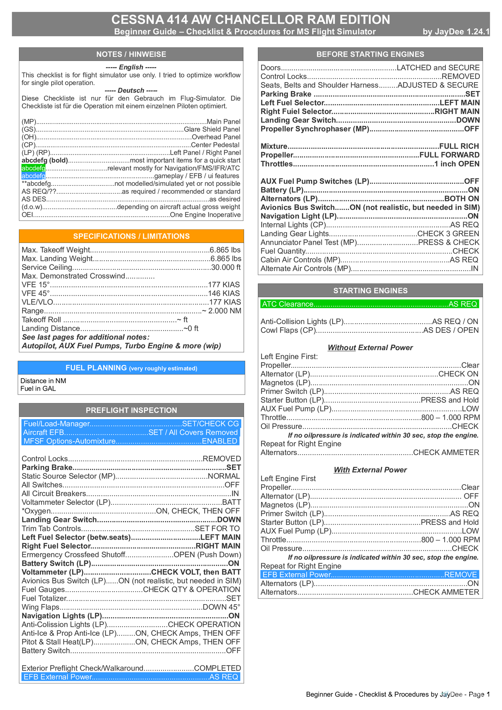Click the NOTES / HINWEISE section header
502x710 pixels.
131,54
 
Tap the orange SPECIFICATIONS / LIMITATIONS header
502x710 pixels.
131,236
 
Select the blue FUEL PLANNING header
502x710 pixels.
131,368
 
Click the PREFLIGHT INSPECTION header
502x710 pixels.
131,410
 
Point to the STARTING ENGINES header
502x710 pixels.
370,291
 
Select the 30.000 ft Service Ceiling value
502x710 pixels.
226,267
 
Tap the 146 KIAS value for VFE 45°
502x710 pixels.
224,293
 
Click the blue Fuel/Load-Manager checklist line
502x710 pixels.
131,424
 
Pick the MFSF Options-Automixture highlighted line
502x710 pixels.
131,441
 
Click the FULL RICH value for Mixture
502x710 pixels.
459,146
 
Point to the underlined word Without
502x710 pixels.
342,348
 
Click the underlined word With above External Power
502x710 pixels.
342,470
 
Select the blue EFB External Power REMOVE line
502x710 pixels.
369,575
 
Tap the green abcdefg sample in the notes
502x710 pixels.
33,168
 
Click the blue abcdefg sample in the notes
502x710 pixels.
33,176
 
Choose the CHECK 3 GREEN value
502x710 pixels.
448,234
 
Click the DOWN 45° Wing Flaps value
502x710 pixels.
222,607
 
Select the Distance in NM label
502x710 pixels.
43,381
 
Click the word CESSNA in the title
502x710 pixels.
136,19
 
